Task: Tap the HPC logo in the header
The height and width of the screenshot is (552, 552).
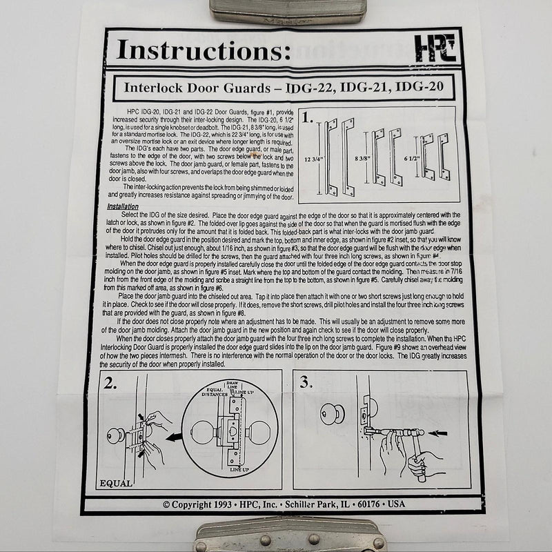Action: (426, 49)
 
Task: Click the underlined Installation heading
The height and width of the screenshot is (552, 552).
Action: (123, 207)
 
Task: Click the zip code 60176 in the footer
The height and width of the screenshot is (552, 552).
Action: (368, 504)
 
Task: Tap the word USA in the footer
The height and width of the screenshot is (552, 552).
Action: (397, 504)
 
